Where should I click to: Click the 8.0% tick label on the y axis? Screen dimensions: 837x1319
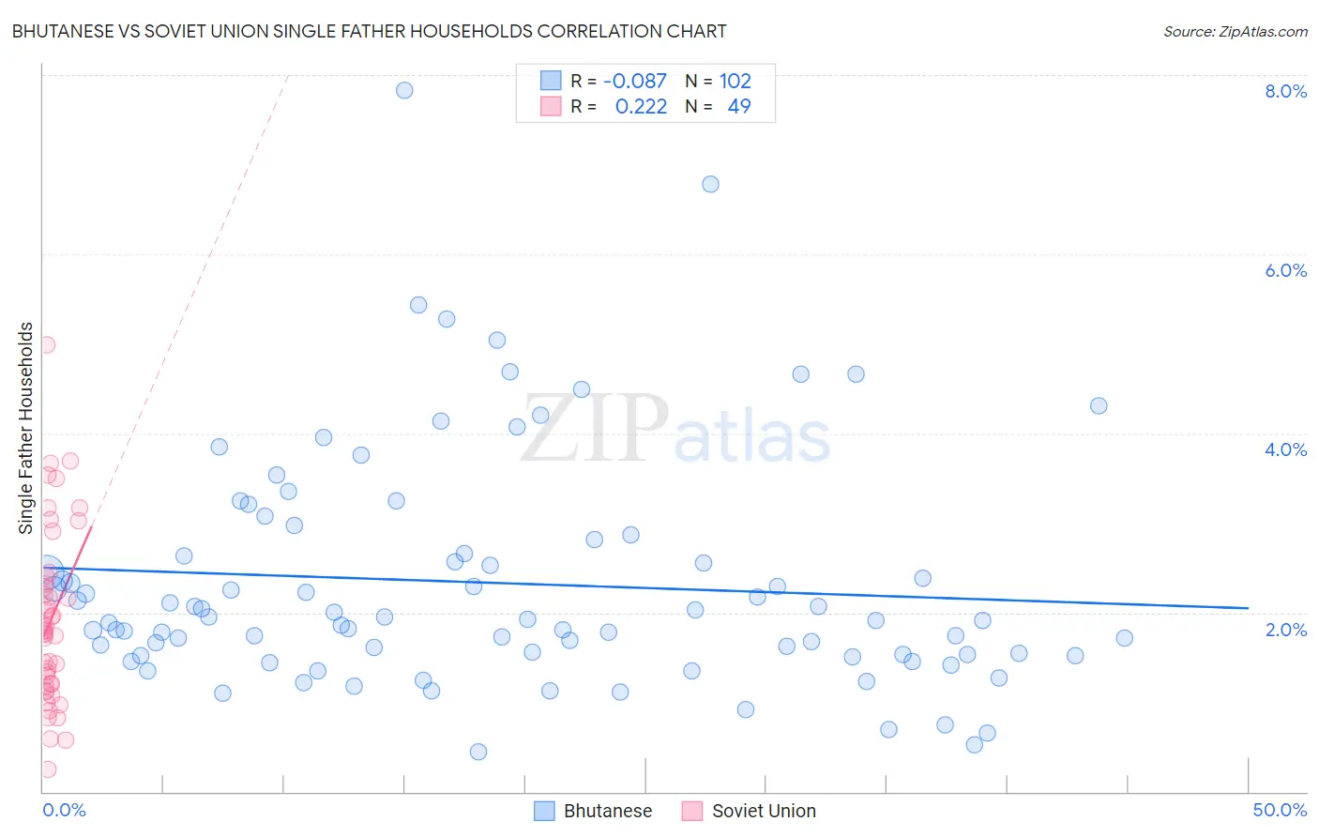coord(1285,91)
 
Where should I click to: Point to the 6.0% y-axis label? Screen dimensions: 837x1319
coord(1285,270)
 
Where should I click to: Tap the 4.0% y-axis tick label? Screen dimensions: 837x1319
coord(1285,449)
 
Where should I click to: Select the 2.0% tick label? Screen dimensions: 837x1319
coord(1285,630)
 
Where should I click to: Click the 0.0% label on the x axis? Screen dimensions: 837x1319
coord(64,810)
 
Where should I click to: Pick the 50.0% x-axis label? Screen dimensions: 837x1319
coord(1280,810)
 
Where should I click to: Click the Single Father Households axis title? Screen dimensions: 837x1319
coord(25,428)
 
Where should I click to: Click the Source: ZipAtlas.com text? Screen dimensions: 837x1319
coord(1235,31)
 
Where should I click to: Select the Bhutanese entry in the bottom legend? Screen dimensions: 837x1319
coord(607,811)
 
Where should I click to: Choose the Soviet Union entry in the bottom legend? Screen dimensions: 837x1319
coord(764,811)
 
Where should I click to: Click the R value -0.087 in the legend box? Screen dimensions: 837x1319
coord(635,81)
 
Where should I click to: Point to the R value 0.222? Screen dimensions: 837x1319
coord(641,106)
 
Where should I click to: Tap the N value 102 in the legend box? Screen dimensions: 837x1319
coord(735,81)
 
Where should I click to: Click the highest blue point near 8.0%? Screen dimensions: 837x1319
coord(404,90)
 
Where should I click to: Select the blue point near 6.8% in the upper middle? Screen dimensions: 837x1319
coord(710,184)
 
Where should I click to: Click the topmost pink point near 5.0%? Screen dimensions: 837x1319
coord(47,344)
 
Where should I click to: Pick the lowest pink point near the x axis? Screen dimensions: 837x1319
coord(48,769)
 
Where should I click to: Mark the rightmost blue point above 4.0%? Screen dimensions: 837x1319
coord(1099,405)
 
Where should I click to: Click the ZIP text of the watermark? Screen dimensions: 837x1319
coord(594,430)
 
